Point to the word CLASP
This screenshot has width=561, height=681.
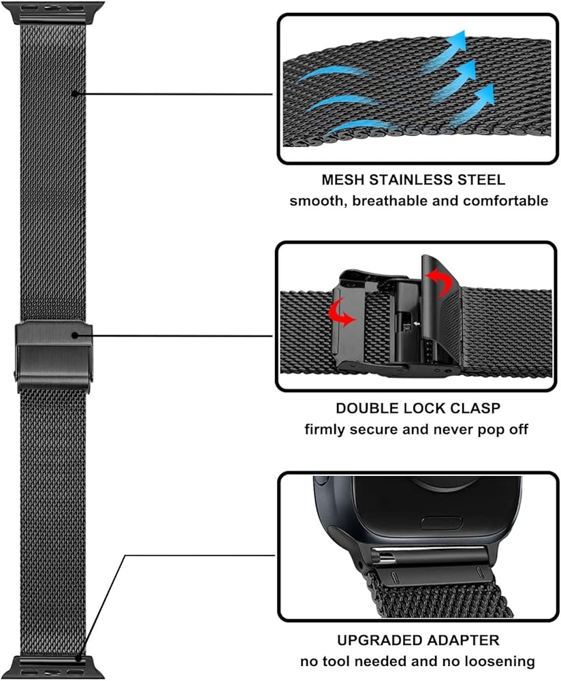pyautogui.click(x=475, y=409)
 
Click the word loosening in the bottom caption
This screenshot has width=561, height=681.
pyautogui.click(x=501, y=661)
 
